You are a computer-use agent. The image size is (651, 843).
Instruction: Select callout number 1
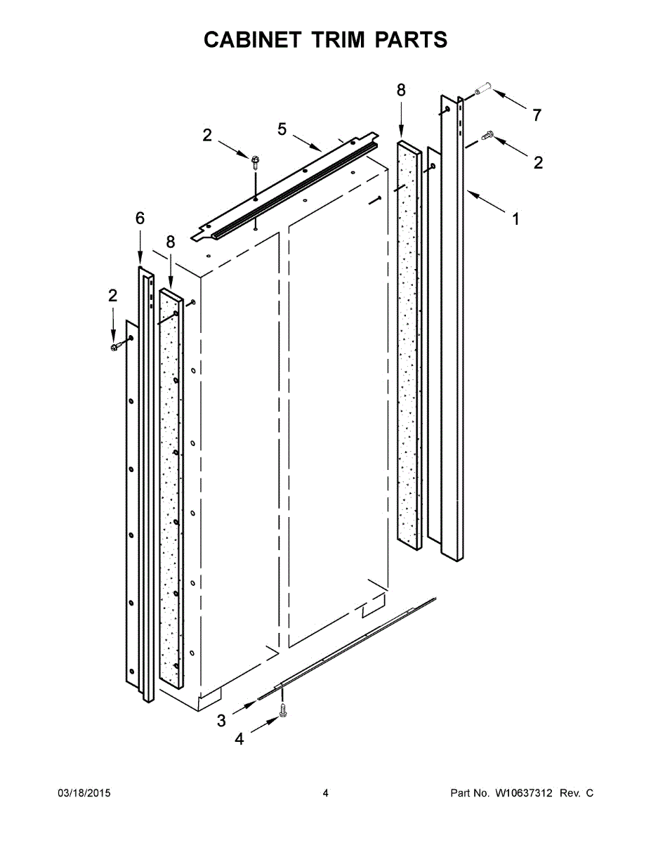tap(515, 219)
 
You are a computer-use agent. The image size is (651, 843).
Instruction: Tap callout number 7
tap(537, 115)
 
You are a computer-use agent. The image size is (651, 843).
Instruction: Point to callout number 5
tap(282, 129)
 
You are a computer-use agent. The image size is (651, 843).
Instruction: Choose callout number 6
tap(140, 219)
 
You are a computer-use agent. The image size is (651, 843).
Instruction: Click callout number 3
tap(221, 719)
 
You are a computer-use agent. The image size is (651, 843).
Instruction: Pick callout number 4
tap(239, 739)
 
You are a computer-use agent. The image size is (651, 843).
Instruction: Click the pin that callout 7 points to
tap(480, 91)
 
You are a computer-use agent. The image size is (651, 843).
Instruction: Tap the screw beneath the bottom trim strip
tap(283, 711)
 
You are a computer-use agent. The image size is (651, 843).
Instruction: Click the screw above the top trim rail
tap(254, 162)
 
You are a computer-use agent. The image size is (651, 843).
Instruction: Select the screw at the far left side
tap(115, 346)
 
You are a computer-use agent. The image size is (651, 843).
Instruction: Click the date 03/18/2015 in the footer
tap(84, 793)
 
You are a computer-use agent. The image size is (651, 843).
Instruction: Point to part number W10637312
tap(525, 793)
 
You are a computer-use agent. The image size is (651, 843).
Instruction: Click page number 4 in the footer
tap(325, 793)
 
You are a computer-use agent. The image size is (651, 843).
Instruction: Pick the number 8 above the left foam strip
tap(171, 242)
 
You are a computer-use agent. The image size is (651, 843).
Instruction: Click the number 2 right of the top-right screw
tap(538, 163)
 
